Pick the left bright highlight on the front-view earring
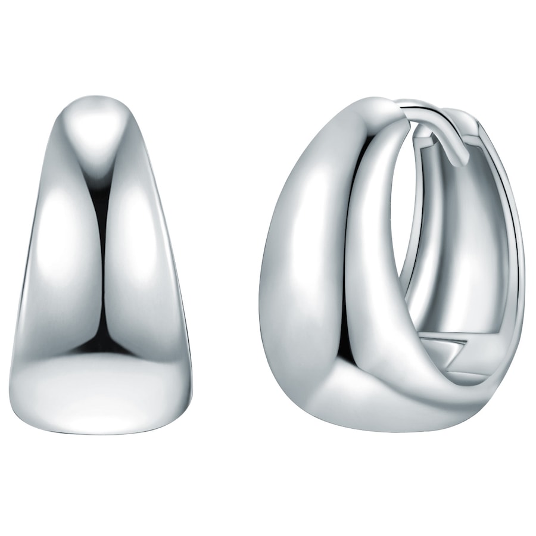(x=66, y=250)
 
